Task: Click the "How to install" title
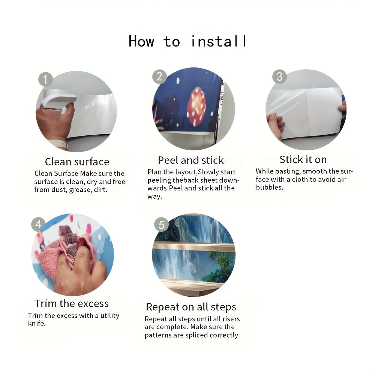click(187, 41)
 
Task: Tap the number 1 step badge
click(45, 79)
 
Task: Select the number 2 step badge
click(159, 76)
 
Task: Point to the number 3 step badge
click(279, 76)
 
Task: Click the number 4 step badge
click(38, 224)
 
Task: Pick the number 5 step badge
click(161, 225)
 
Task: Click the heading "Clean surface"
click(77, 162)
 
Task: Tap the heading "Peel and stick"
click(191, 160)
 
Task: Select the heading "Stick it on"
click(303, 159)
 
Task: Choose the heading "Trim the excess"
click(72, 303)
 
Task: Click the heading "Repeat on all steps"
click(191, 307)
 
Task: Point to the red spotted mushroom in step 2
click(196, 106)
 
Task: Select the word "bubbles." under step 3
click(270, 187)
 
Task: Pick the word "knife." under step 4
click(37, 323)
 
